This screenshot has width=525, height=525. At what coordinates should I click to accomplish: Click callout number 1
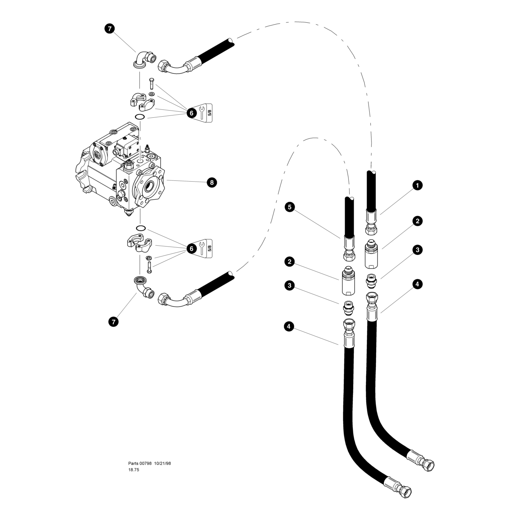pyautogui.click(x=417, y=185)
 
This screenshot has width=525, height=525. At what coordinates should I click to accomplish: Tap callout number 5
pyautogui.click(x=289, y=207)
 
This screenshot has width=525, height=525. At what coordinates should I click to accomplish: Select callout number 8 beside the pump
pyautogui.click(x=212, y=182)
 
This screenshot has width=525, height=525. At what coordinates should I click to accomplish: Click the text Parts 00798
pyautogui.click(x=140, y=463)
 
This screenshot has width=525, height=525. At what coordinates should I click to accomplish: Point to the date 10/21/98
pyautogui.click(x=163, y=463)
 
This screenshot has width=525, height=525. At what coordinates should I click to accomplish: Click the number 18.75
pyautogui.click(x=134, y=470)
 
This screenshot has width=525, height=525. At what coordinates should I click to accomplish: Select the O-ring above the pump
pyautogui.click(x=140, y=117)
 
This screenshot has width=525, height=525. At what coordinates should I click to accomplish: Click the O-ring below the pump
pyautogui.click(x=141, y=228)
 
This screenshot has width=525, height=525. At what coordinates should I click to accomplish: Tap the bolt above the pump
pyautogui.click(x=152, y=84)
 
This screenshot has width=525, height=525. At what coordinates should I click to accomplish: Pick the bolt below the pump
pyautogui.click(x=149, y=267)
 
